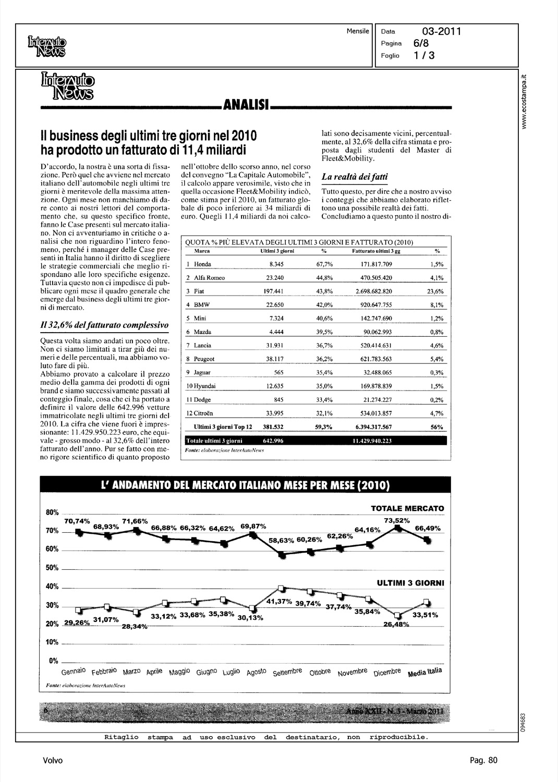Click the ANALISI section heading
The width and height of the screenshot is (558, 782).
[246, 106]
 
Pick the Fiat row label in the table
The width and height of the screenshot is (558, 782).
[199, 291]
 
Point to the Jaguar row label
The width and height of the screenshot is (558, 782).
[202, 372]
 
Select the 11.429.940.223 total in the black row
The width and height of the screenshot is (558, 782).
[372, 441]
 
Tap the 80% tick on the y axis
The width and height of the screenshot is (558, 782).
[52, 512]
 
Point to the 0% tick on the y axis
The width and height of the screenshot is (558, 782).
[53, 661]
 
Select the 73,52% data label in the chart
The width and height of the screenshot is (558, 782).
[397, 520]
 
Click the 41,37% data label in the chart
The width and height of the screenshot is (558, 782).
[279, 602]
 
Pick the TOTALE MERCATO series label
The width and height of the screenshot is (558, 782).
[407, 508]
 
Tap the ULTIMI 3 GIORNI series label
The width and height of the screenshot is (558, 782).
[410, 583]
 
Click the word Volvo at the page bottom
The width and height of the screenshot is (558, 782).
[53, 761]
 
